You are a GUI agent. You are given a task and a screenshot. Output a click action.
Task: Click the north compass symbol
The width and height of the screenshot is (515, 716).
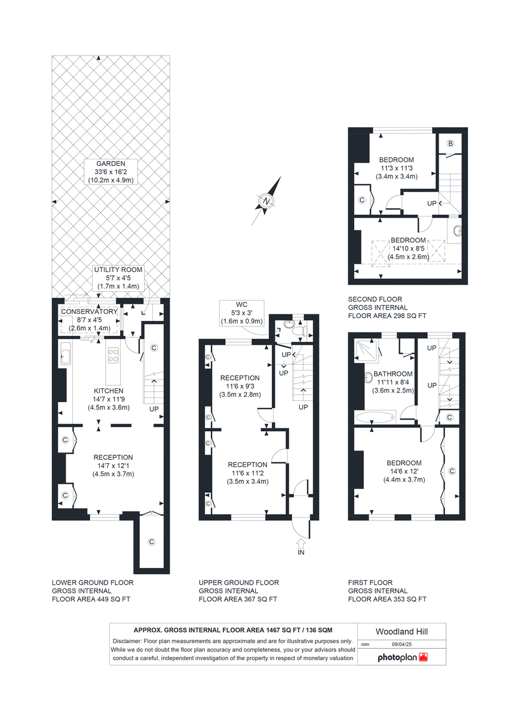pos(265,203)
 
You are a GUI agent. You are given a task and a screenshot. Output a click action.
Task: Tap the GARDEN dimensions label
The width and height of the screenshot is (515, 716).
pos(112,171)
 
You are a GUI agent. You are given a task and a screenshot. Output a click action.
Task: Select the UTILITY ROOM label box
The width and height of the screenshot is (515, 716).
pos(117,278)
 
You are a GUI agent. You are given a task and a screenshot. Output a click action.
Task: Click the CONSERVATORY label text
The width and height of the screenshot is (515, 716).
pos(89,311)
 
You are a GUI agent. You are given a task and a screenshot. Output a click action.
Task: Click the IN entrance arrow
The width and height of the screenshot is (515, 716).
pos(301,545)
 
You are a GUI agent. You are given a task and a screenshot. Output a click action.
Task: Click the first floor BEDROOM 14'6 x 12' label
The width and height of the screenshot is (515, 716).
pos(404,471)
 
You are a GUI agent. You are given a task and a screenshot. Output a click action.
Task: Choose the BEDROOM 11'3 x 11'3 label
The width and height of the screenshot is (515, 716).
pos(397,168)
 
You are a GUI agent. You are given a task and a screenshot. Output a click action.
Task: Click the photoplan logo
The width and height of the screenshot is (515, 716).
pos(403,658)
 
